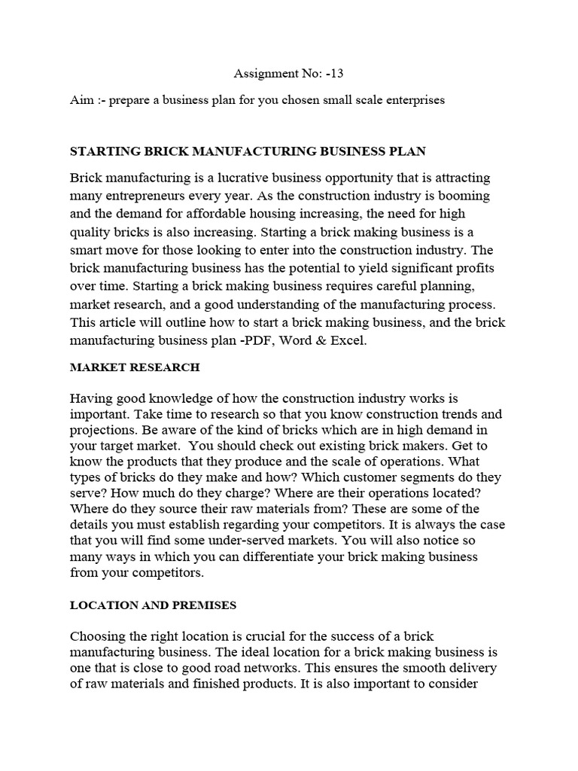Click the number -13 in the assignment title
point(336,73)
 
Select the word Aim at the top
point(81,100)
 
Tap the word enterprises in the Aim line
point(415,100)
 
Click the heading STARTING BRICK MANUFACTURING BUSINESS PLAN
point(248,151)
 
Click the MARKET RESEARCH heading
point(135,367)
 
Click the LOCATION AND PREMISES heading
point(153,605)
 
